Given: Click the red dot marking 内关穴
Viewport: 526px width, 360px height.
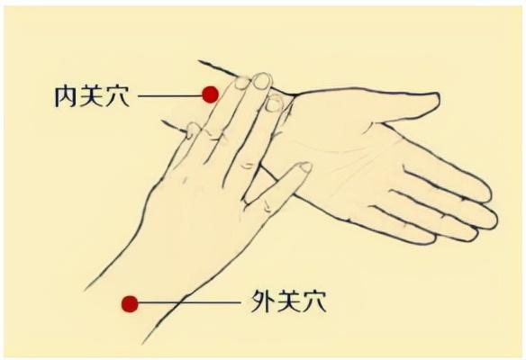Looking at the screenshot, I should point(210,94).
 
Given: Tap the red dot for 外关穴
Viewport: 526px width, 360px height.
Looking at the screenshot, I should point(130,304).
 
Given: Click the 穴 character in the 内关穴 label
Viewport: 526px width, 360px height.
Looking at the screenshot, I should point(118,94).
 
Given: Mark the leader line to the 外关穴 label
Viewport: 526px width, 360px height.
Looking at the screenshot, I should point(189,304).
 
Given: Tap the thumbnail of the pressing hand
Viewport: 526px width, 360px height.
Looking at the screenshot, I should point(304,167).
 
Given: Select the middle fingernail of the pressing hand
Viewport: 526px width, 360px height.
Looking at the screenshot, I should point(261,81).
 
